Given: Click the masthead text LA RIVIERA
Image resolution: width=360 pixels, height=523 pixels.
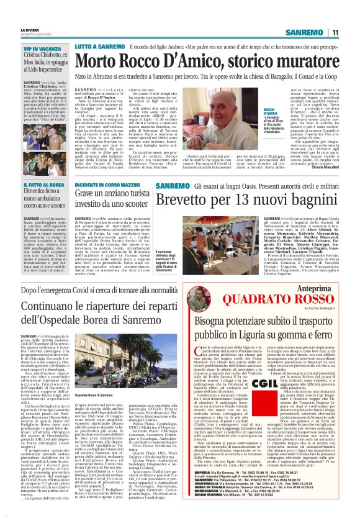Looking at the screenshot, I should pyautogui.click(x=33, y=9).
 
